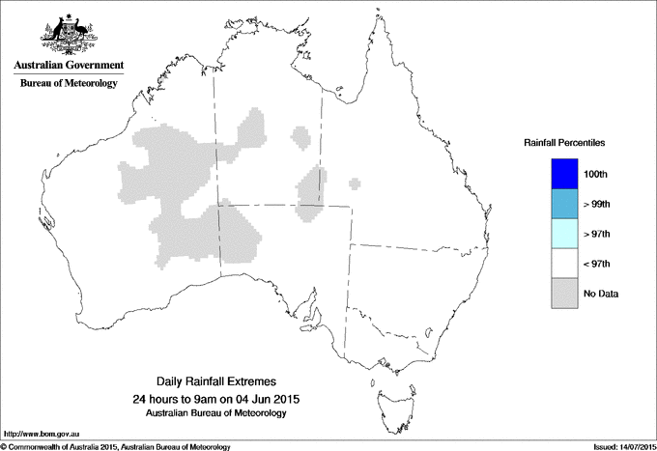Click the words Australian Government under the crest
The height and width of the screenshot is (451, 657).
(68, 66)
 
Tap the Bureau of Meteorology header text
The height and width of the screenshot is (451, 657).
(68, 84)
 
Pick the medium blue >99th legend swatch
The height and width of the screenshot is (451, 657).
(562, 204)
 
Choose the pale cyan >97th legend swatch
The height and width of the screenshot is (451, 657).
(562, 234)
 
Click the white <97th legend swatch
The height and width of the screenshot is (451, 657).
(562, 264)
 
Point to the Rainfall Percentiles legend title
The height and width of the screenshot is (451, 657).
(564, 143)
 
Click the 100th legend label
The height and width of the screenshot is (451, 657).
(596, 174)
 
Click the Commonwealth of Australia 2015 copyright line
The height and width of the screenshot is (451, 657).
(116, 446)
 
